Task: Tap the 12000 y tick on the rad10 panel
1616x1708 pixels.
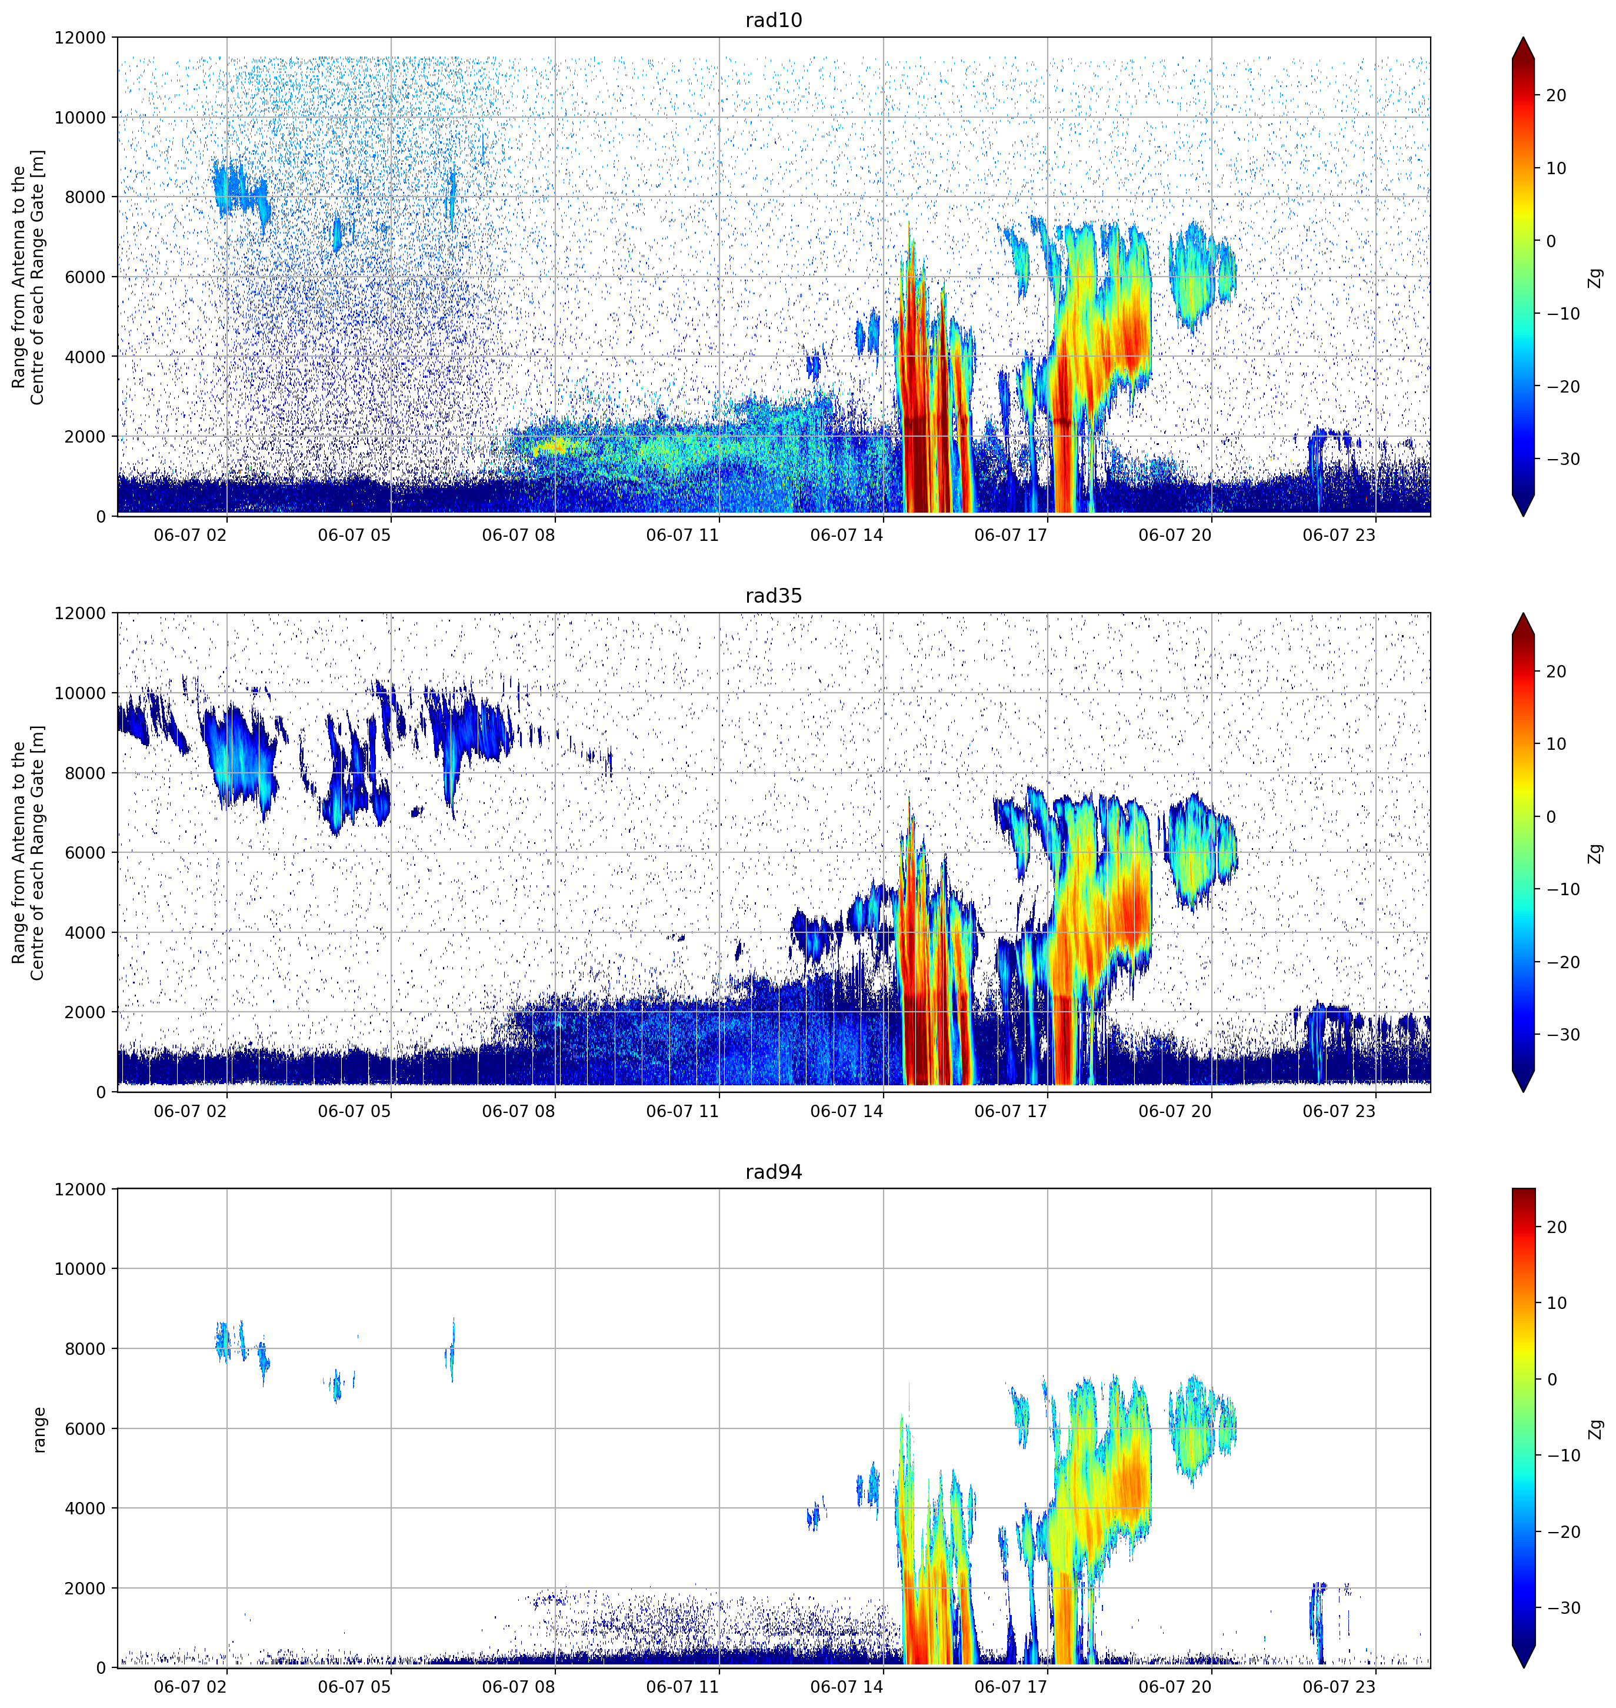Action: (x=80, y=38)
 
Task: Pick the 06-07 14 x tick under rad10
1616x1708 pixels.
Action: (x=846, y=535)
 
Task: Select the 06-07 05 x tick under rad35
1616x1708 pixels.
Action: (x=354, y=1111)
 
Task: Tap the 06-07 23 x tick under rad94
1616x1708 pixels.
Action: (x=1339, y=1686)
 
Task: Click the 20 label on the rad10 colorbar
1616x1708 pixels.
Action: (x=1555, y=96)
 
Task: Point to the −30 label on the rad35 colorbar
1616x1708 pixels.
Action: (x=1562, y=1035)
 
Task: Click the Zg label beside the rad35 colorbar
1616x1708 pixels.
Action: (x=1595, y=853)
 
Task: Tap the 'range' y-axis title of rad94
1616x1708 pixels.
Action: (x=39, y=1429)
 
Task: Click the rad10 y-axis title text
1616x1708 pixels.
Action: (x=28, y=277)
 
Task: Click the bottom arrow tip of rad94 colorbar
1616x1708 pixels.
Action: (x=1523, y=1667)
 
